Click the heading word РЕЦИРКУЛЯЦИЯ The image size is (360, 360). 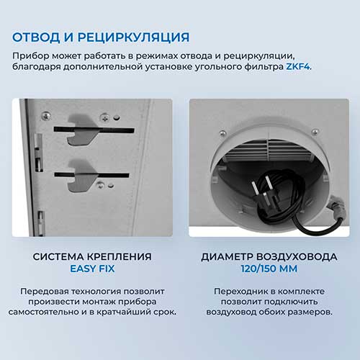134,38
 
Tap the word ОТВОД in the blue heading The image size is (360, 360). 36,37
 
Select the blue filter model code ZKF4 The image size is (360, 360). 298,66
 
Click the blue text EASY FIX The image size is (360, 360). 92,269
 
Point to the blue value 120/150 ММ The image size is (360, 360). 269,269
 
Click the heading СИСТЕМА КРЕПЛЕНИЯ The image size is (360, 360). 92,256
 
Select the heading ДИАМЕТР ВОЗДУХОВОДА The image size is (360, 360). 269,256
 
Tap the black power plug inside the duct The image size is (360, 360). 265,194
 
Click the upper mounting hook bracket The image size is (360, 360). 83,130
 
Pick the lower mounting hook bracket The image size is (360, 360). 82,176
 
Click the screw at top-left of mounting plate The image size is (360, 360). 46,116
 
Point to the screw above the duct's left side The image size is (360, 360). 222,133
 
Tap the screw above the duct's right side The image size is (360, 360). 315,132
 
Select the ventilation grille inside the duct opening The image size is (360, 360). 268,150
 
